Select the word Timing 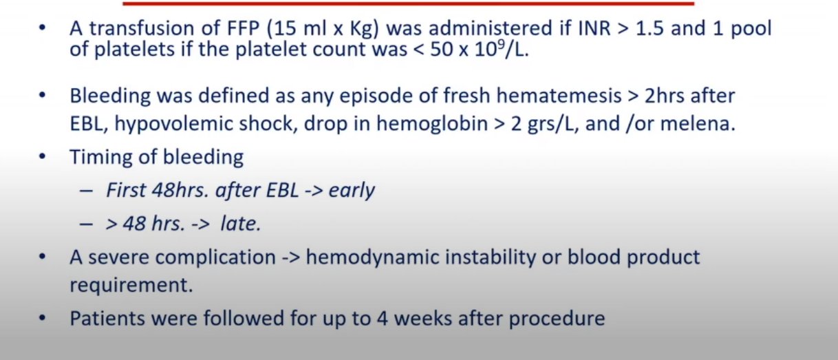(x=98, y=158)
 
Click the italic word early (x=352, y=190)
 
